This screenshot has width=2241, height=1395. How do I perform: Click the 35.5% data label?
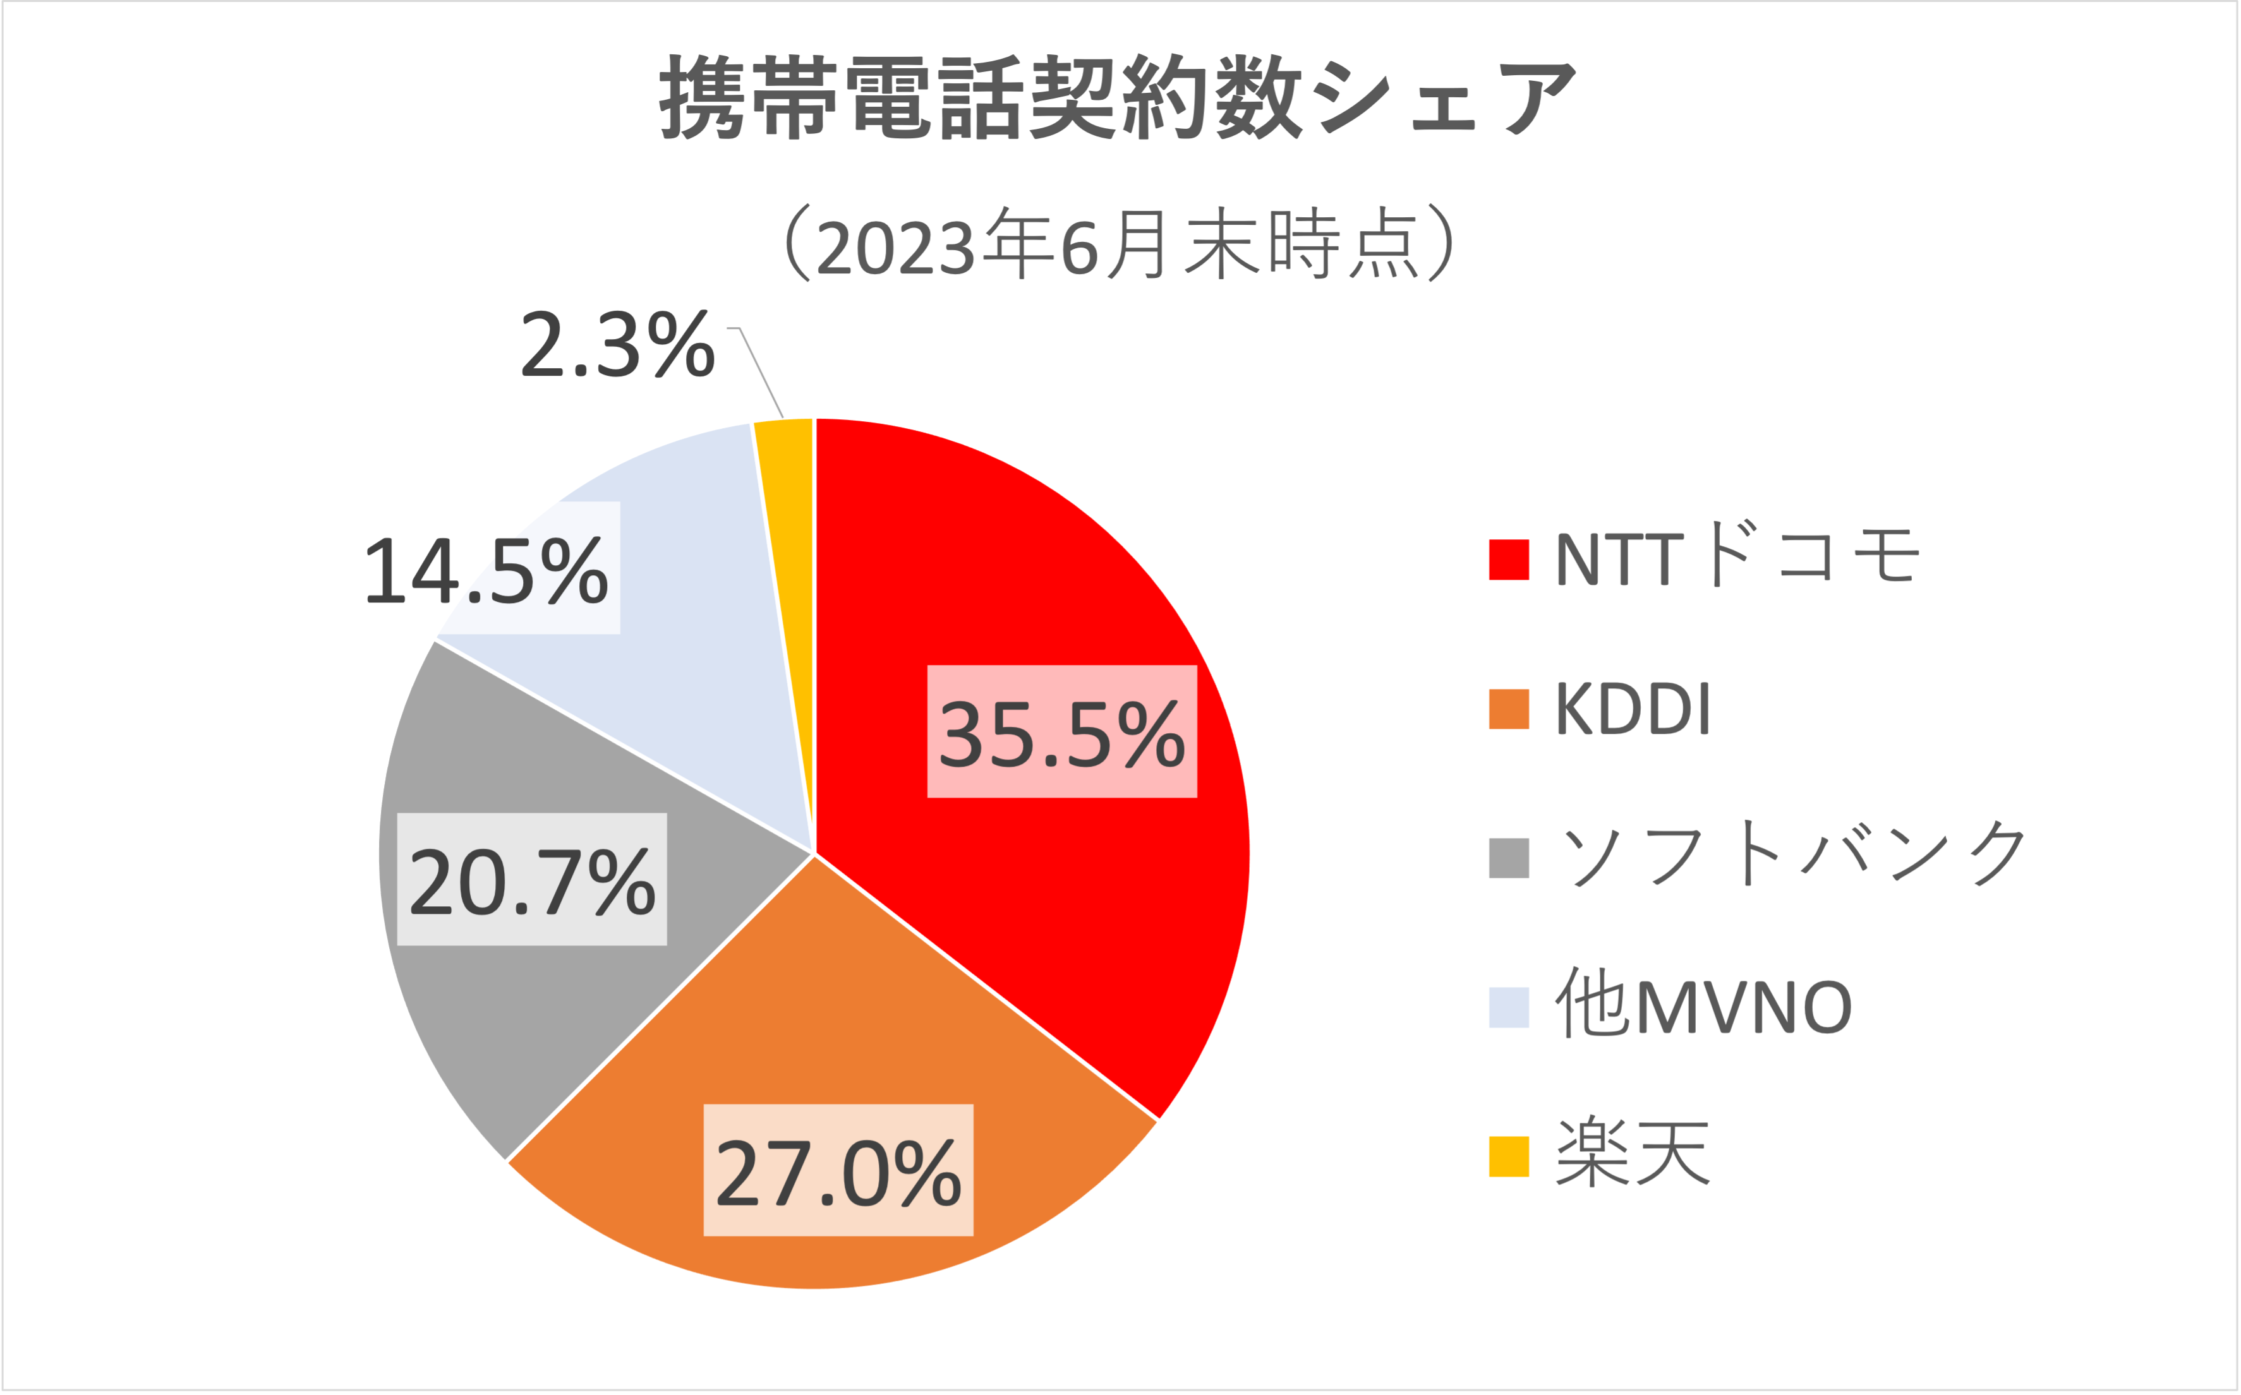click(x=1061, y=732)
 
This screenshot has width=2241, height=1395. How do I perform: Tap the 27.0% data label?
click(x=838, y=1171)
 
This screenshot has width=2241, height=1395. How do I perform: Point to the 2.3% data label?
click(x=617, y=344)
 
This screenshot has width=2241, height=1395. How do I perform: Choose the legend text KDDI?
click(x=1633, y=708)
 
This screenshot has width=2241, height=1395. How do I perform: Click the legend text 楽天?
click(x=1633, y=1153)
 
